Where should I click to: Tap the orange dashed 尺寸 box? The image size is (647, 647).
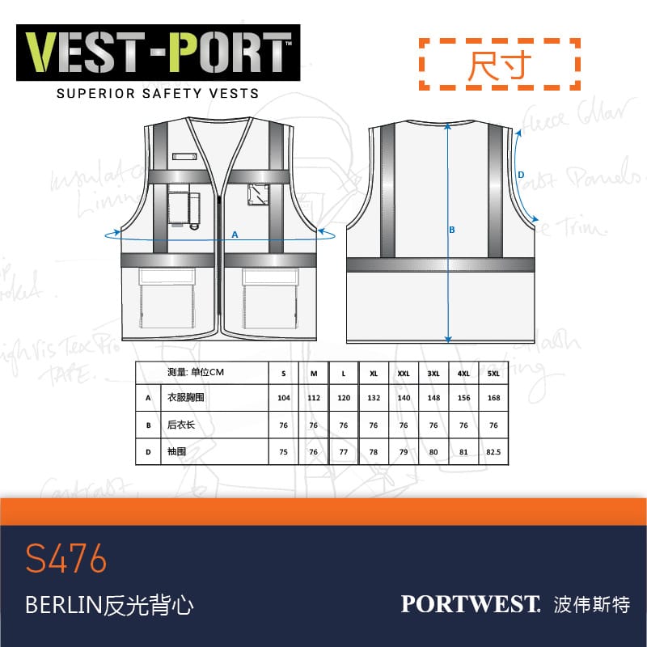pos(498,62)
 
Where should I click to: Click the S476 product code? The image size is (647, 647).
pos(66,559)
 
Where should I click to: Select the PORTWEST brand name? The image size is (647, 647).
pos(470,603)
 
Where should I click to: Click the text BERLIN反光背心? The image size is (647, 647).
pos(110,605)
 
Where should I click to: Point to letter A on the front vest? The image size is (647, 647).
pos(235,234)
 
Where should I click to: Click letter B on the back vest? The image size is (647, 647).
pos(452,230)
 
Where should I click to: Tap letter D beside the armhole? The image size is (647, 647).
pos(521,174)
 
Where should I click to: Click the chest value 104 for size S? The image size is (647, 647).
pos(283,399)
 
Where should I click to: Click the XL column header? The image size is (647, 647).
pos(373,374)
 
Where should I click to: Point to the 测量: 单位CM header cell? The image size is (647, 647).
pos(195,373)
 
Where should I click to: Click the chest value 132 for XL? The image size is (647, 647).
pos(373,399)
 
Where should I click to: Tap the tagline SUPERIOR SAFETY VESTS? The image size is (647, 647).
pos(158,93)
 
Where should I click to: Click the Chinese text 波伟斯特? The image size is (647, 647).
pos(593,604)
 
